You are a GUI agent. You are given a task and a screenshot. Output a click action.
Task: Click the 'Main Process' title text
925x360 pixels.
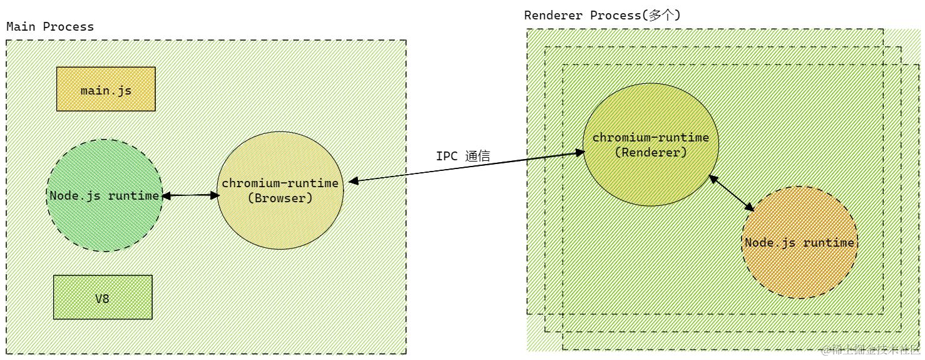click(50, 27)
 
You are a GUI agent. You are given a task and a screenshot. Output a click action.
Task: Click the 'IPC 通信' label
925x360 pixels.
click(463, 157)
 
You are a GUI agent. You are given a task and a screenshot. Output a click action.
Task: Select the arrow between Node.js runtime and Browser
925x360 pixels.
click(190, 195)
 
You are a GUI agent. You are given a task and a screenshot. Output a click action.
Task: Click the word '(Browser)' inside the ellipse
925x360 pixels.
click(280, 198)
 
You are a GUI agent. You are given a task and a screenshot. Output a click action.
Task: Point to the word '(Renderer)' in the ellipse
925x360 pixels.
click(651, 152)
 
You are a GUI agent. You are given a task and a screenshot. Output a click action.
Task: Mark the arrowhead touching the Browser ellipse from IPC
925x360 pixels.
click(352, 181)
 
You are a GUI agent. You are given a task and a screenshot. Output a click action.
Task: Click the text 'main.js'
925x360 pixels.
click(106, 90)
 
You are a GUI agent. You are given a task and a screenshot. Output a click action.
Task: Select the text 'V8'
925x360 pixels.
click(103, 299)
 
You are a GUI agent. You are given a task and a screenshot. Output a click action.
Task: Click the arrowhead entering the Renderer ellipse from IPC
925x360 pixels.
click(579, 153)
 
